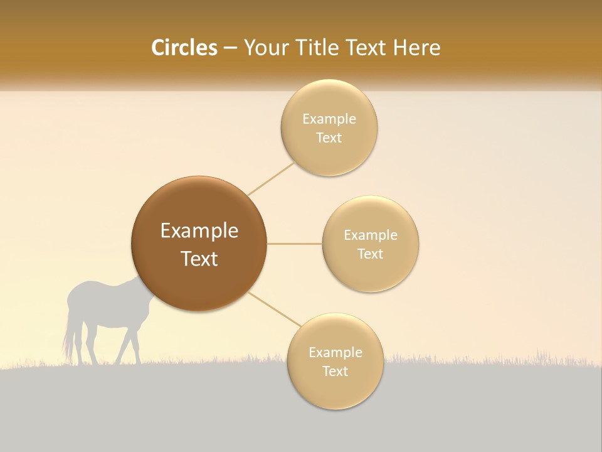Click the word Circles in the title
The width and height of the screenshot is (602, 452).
(184, 48)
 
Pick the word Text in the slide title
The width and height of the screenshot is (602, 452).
(366, 48)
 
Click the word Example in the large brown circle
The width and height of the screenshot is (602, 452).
(199, 231)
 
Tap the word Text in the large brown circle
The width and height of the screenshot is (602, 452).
(199, 259)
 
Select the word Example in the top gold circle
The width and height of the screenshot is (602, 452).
(329, 119)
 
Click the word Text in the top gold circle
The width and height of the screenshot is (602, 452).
(329, 137)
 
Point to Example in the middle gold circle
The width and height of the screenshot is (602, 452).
(371, 235)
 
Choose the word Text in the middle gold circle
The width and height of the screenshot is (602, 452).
(370, 254)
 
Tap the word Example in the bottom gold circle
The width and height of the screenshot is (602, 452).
(335, 353)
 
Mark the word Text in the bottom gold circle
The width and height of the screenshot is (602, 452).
(335, 371)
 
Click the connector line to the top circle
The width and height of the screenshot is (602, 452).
(271, 179)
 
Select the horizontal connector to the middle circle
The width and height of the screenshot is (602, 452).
(295, 244)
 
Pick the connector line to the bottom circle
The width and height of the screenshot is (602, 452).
(273, 309)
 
